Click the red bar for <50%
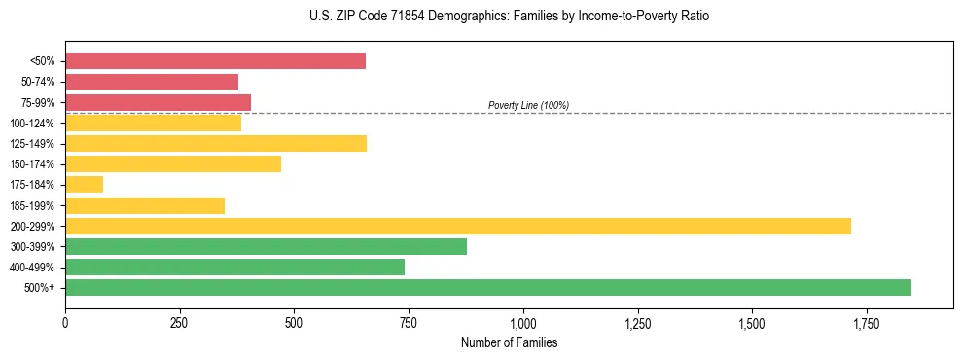click(215, 61)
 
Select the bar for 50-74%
click(152, 82)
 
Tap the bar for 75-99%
click(158, 102)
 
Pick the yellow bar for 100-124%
click(153, 123)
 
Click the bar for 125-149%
click(216, 144)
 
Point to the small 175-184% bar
click(84, 185)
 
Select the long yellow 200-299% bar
click(458, 226)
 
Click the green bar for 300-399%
click(266, 246)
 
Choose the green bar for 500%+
click(488, 287)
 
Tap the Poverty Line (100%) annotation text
click(528, 105)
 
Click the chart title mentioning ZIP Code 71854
click(481, 17)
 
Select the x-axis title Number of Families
click(509, 342)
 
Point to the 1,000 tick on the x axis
click(523, 322)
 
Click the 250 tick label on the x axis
click(180, 322)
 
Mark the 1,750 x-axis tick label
click(867, 322)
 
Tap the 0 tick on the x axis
click(65, 322)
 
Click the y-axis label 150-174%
click(32, 164)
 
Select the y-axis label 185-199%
click(32, 205)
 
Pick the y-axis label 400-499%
click(32, 268)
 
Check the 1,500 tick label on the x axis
click(752, 322)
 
